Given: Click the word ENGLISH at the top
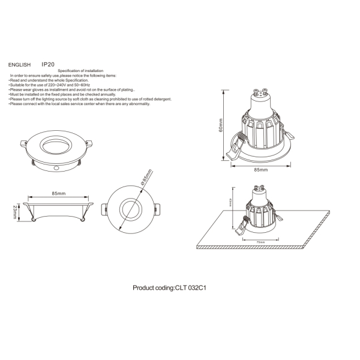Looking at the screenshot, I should pyautogui.click(x=19, y=64).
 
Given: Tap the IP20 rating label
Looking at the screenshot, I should pyautogui.click(x=49, y=63).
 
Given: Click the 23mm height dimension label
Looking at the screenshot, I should pyautogui.click(x=15, y=211).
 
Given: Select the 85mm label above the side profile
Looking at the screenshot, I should pyautogui.click(x=59, y=194).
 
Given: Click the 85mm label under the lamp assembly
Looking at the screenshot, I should pyautogui.click(x=260, y=170).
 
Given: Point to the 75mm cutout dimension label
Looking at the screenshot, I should pyautogui.click(x=260, y=242).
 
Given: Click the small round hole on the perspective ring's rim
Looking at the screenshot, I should pyautogui.click(x=56, y=169).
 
